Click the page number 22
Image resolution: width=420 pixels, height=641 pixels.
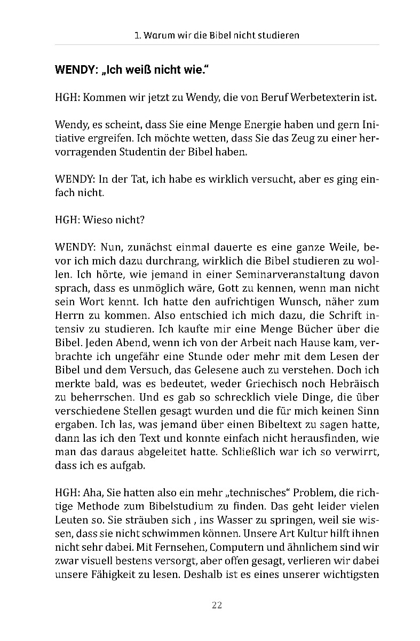[x=217, y=605]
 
